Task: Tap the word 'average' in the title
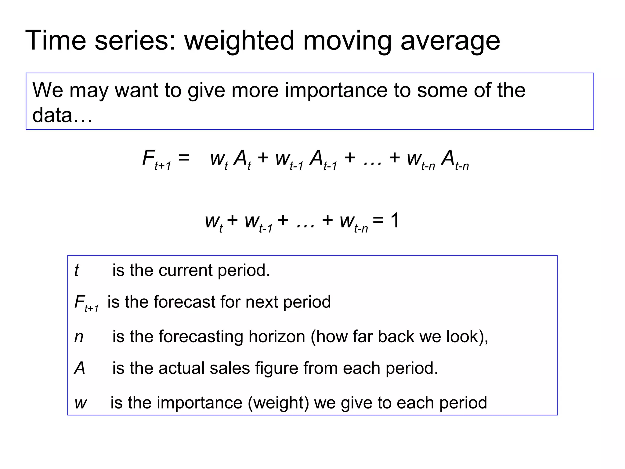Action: pyautogui.click(x=450, y=41)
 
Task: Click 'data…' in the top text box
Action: pyautogui.click(x=62, y=115)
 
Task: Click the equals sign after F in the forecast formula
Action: pyautogui.click(x=184, y=158)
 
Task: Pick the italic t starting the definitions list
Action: pyautogui.click(x=77, y=271)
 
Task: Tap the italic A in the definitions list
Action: pyautogui.click(x=80, y=368)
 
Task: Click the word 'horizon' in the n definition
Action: pyautogui.click(x=277, y=337)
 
